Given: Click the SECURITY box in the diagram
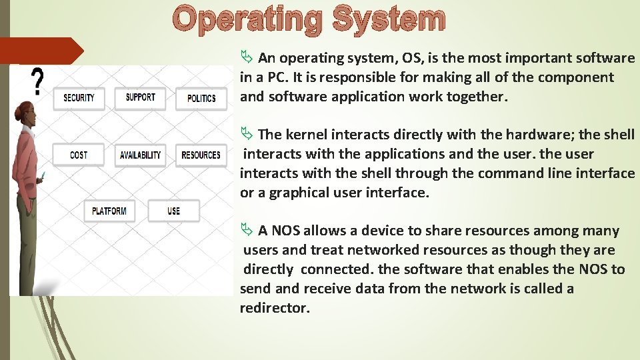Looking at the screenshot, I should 79,98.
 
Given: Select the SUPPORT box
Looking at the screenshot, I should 140,98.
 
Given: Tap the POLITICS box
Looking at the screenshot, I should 201,99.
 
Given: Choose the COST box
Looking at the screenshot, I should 79,155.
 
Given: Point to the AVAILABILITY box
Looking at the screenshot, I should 140,155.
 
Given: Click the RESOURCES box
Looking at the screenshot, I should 201,155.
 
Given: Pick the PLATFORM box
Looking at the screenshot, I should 109,211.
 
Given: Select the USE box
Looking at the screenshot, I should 173,211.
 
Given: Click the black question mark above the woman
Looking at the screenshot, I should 38,82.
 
